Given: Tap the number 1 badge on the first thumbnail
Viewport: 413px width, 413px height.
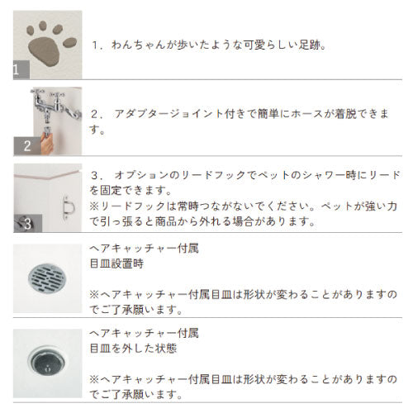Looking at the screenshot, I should (18, 70).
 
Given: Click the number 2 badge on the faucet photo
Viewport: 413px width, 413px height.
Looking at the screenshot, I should (26, 146).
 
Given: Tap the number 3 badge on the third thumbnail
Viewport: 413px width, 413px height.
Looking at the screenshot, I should (26, 224).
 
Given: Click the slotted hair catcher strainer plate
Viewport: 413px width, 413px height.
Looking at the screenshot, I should (47, 278).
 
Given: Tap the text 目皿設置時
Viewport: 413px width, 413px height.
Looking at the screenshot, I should (117, 263).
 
